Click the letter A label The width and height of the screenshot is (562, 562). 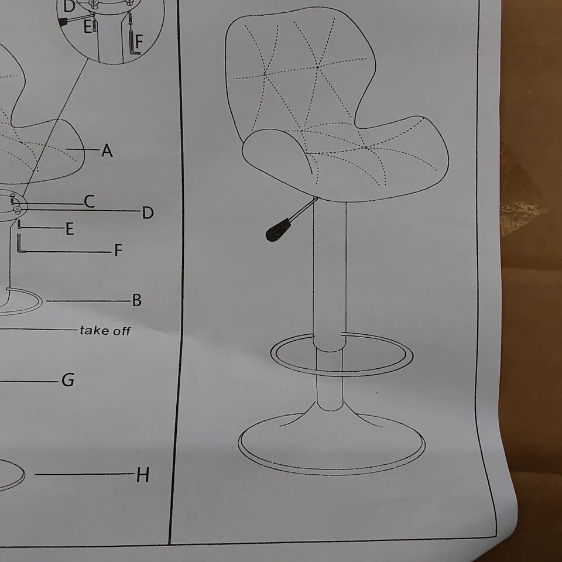point(107,150)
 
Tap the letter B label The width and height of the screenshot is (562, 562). point(137,300)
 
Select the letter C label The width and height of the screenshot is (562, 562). point(90,201)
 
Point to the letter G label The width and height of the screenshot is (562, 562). point(68,380)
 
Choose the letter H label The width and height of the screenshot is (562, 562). point(143,475)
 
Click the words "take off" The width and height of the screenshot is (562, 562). point(105,330)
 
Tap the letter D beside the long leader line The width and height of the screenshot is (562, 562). point(148,213)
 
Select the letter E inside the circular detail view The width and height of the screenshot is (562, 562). point(87,26)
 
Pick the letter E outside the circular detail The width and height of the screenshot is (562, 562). point(70,229)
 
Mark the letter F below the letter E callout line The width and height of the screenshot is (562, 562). point(118,250)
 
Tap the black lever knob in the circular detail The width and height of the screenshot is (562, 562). point(63,22)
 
